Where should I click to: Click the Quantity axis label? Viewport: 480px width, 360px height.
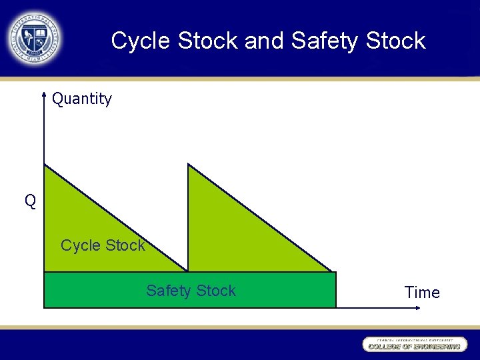pyautogui.click(x=82, y=99)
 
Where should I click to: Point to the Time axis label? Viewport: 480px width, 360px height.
pyautogui.click(x=422, y=293)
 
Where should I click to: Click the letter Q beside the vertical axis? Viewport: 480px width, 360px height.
pyautogui.click(x=31, y=201)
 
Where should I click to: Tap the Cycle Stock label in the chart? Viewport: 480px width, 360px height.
pyautogui.click(x=103, y=245)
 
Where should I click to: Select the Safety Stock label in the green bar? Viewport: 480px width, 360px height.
pyautogui.click(x=191, y=291)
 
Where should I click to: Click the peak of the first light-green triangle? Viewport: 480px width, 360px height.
pyautogui.click(x=45, y=165)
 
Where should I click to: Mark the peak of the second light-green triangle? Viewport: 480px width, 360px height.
pyautogui.click(x=189, y=165)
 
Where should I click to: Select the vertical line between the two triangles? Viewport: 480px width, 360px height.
pyautogui.click(x=188, y=220)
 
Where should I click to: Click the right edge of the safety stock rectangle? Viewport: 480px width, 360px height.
pyautogui.click(x=336, y=290)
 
